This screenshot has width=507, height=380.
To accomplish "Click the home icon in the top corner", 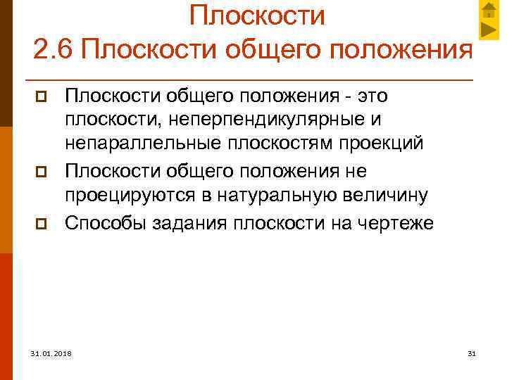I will [490, 10].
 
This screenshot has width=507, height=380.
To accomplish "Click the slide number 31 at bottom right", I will [472, 353].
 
